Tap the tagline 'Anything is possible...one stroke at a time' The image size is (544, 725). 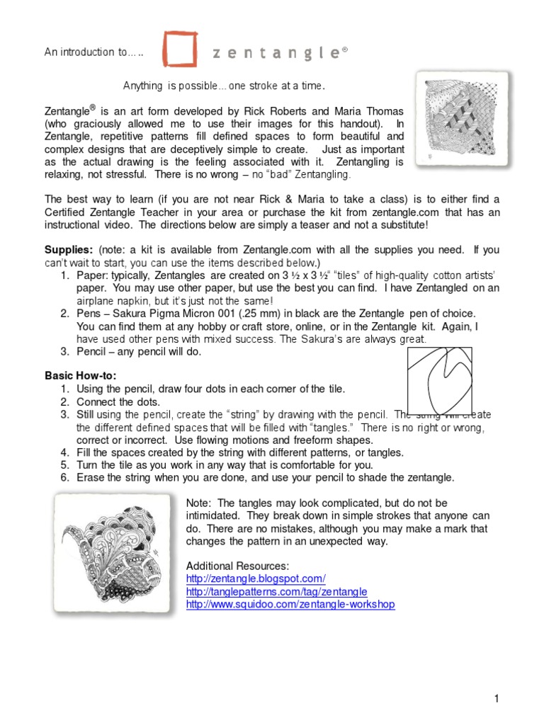click(x=225, y=86)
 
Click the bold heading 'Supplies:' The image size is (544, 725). click(x=69, y=251)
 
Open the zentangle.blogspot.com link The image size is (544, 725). click(x=256, y=578)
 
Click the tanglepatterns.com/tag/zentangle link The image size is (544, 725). click(x=276, y=591)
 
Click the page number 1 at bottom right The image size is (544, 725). click(x=497, y=699)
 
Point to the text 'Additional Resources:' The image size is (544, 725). click(x=237, y=566)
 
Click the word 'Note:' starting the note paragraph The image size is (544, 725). click(x=199, y=503)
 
